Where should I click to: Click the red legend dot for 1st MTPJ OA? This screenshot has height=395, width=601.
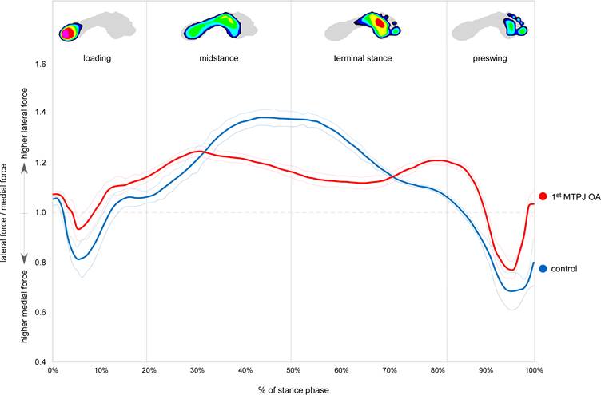pos(543,196)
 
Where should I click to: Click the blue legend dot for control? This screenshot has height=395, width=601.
pos(543,268)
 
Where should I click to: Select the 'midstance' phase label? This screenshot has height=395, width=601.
pos(218,59)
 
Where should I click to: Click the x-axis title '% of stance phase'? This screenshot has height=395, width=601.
pos(293,389)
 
